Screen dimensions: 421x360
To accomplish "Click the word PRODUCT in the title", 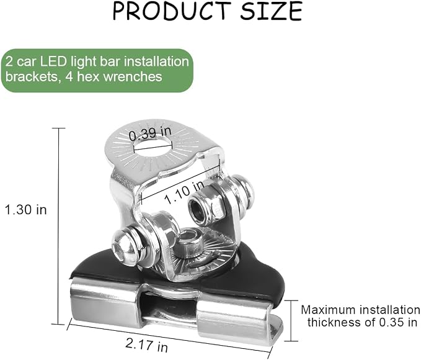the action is pos(172,11).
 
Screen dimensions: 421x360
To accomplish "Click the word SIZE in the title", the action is pos(272,11).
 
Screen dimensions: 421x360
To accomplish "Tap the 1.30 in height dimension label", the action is pos(26,210).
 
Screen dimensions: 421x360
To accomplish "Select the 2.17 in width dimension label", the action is pos(146,345).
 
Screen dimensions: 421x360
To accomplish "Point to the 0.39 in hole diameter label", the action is pos(150,133).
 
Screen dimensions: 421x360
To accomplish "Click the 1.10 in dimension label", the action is pos(185,192).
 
